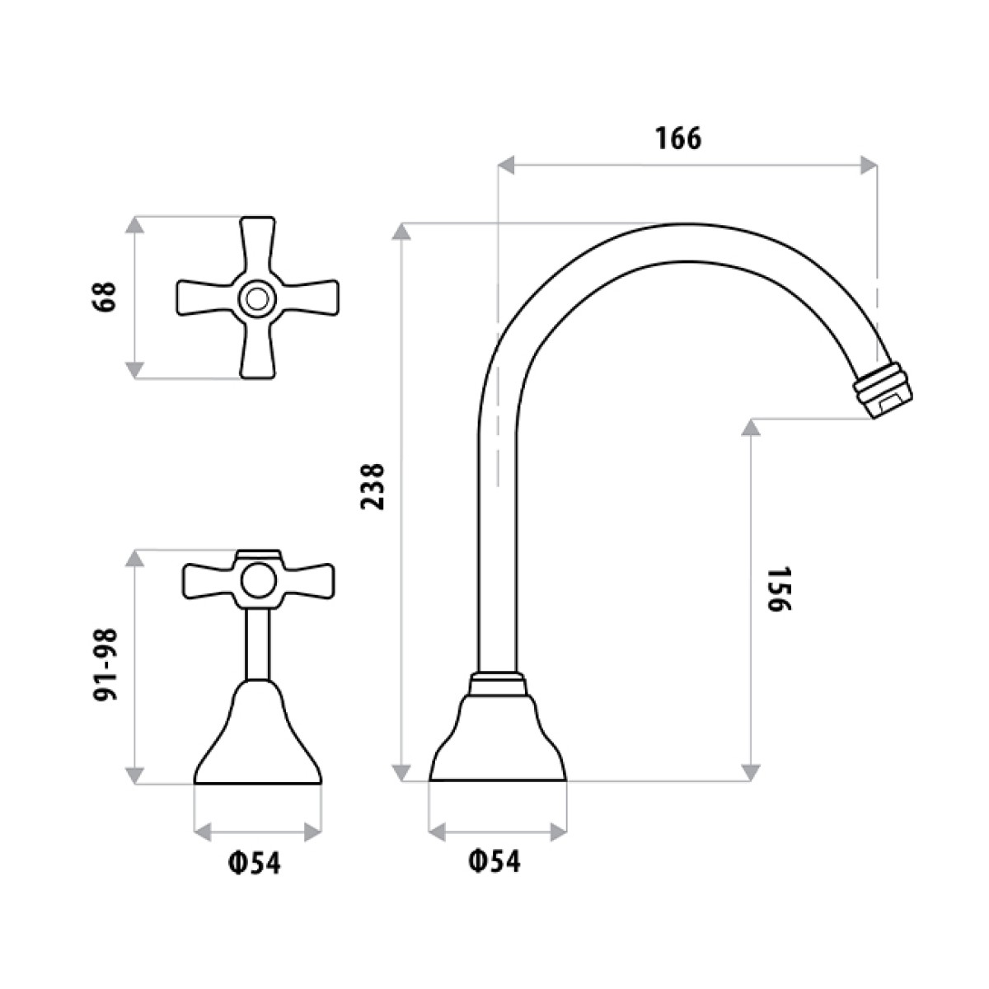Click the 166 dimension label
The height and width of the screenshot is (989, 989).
click(x=678, y=138)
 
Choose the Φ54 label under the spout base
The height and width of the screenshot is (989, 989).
click(x=494, y=862)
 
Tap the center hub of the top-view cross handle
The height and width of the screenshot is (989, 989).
click(x=257, y=298)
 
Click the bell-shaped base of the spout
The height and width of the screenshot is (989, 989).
click(x=498, y=738)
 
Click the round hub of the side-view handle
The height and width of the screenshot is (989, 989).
click(x=257, y=580)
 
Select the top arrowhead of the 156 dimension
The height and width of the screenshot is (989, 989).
click(x=750, y=428)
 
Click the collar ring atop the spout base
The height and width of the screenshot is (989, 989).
click(x=497, y=684)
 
